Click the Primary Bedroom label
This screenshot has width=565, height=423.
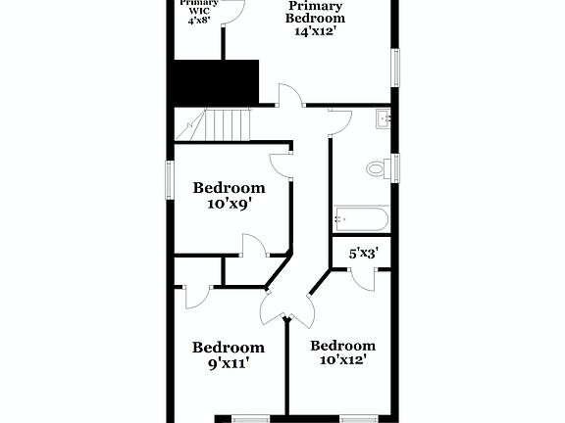(x=315, y=12)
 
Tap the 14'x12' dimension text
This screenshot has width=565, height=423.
(x=315, y=30)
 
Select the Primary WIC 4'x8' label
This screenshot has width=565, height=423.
(x=199, y=10)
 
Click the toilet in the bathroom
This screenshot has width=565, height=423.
(x=377, y=168)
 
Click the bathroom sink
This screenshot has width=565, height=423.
(x=383, y=120)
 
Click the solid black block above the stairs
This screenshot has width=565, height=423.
(x=216, y=81)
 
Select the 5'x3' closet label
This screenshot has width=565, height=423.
(x=364, y=253)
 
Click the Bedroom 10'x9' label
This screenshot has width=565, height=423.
(x=229, y=197)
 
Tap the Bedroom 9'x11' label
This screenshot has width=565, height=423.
(x=228, y=354)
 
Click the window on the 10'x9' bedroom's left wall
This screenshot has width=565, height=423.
(x=169, y=179)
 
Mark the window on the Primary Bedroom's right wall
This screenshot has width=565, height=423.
(x=396, y=67)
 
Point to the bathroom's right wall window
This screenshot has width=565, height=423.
(x=396, y=167)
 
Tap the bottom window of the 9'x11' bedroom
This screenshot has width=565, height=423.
(x=249, y=418)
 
